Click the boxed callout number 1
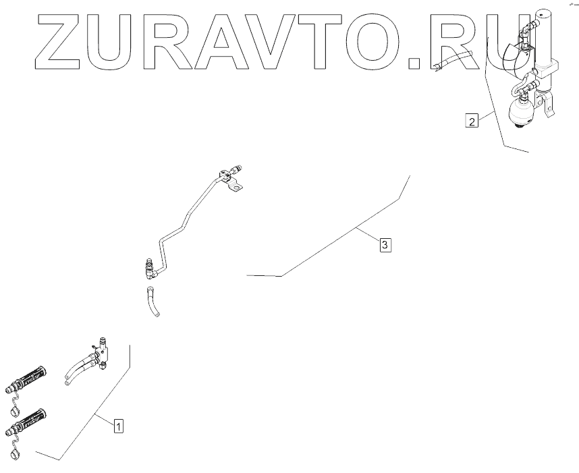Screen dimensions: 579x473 tap(118, 426)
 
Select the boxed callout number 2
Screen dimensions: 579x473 tap(472, 121)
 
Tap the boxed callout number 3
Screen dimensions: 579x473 tap(385, 245)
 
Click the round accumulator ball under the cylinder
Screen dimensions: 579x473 tap(522, 111)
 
